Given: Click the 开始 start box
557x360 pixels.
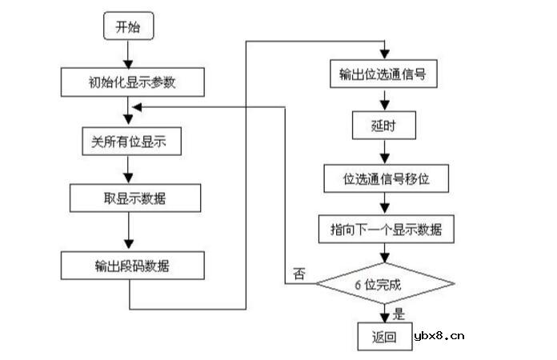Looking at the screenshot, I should click(127, 27).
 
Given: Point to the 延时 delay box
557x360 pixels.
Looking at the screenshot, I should click(385, 126).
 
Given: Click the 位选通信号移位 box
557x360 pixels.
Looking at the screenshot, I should click(386, 178).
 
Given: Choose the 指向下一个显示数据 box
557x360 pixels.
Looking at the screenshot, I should click(387, 230).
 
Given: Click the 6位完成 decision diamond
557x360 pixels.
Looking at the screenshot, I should click(385, 283).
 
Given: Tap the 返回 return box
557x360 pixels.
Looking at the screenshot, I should click(383, 337).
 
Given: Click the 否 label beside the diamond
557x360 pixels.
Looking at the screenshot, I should click(299, 274).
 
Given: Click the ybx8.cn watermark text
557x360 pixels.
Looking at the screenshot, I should click(439, 336).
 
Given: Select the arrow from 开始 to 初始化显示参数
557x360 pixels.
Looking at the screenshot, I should click(127, 54).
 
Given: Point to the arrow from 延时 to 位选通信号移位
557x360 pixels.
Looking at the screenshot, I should click(385, 152).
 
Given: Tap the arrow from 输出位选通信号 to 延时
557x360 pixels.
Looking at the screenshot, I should click(385, 100).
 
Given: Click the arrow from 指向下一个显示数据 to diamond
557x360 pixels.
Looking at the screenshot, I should click(385, 254).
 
